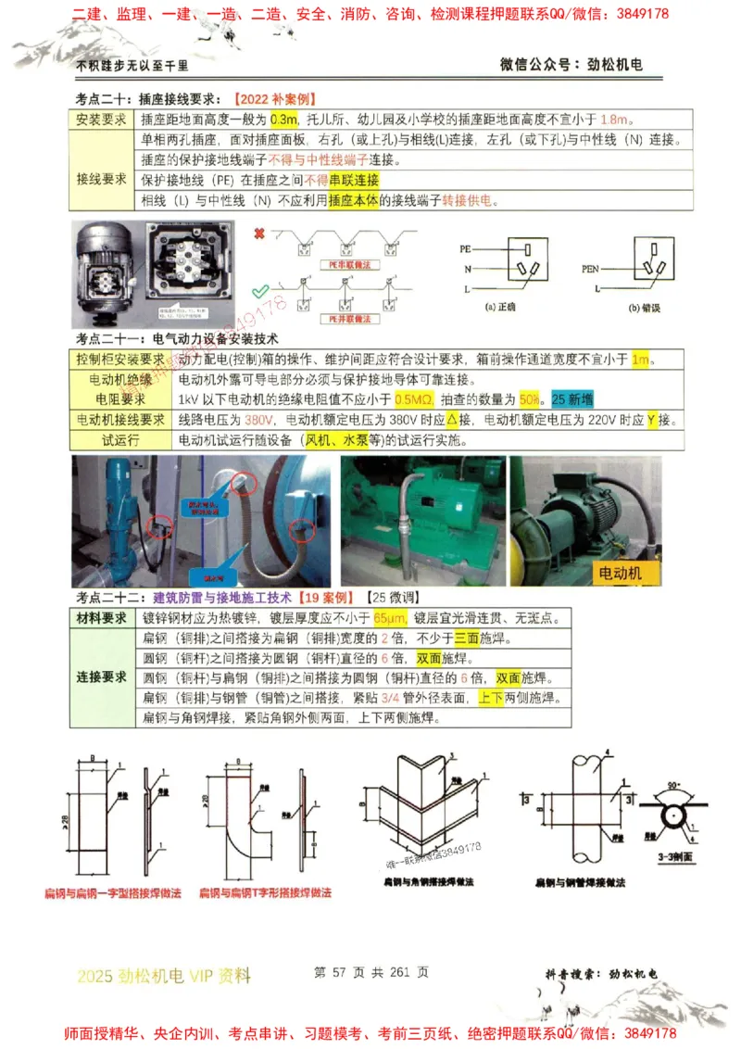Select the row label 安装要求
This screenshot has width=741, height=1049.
[101, 120]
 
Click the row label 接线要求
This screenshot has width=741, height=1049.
[101, 179]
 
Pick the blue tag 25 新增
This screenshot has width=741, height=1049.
[572, 399]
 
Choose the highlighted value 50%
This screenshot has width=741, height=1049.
[531, 399]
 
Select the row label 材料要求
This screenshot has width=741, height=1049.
[102, 618]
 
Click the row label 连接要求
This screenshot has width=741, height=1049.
[102, 677]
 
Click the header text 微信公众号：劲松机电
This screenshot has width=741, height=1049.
[571, 64]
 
